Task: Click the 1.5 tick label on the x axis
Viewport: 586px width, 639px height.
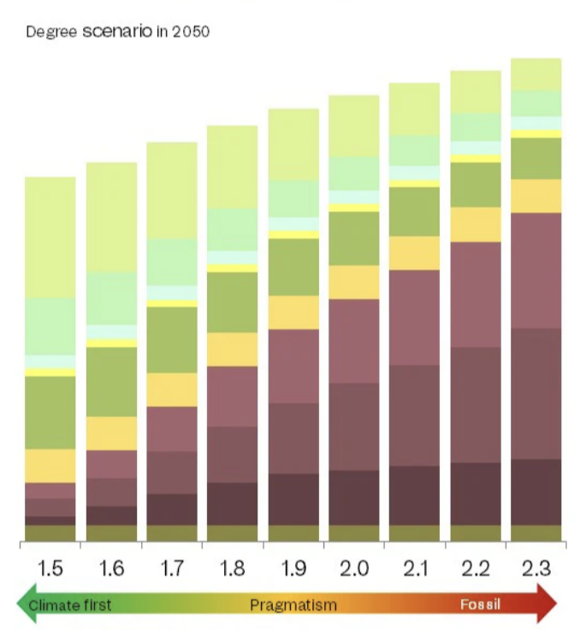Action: click(50, 568)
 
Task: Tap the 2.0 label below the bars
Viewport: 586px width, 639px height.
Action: click(354, 568)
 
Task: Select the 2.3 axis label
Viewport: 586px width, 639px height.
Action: click(536, 568)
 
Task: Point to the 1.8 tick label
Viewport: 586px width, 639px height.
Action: click(233, 568)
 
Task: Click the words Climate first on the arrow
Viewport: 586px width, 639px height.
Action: click(70, 606)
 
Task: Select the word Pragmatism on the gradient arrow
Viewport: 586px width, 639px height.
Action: click(293, 606)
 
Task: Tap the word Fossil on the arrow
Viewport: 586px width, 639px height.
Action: click(481, 606)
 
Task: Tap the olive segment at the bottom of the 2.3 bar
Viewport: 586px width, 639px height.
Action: click(536, 533)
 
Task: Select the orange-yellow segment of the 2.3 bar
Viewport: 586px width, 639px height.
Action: click(536, 196)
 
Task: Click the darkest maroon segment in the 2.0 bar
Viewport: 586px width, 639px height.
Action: click(354, 497)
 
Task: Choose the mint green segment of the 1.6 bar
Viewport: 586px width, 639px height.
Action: click(111, 298)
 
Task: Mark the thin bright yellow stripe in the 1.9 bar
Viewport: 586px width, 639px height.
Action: click(293, 234)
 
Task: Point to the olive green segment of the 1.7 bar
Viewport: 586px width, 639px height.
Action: click(172, 339)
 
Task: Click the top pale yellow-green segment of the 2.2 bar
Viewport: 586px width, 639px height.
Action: click(476, 92)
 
